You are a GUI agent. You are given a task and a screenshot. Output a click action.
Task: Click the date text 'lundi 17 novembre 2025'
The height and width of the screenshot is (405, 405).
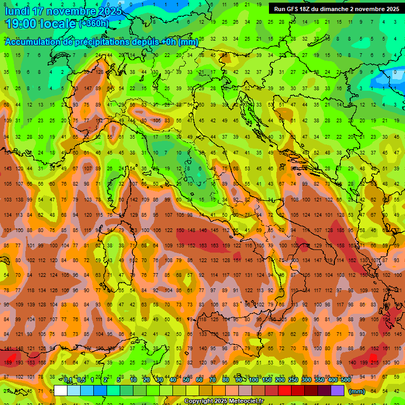63,11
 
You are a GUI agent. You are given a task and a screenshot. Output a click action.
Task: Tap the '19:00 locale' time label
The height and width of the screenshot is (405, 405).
41,24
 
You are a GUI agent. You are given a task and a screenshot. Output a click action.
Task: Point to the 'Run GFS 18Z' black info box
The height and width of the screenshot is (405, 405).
336,9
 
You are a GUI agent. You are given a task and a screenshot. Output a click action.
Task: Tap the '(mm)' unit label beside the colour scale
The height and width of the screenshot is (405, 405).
356,391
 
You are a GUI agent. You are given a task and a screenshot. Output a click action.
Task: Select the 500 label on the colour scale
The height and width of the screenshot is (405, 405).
345,380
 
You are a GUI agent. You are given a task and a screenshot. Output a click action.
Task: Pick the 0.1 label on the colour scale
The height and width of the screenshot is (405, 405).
67,380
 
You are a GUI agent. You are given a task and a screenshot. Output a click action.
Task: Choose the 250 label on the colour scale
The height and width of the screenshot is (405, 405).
293,380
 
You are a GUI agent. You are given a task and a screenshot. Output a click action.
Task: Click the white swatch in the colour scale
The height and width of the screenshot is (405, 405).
61,391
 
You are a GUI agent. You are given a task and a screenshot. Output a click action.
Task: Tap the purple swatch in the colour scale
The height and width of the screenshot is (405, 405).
337,391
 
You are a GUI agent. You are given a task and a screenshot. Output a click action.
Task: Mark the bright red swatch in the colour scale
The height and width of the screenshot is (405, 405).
285,391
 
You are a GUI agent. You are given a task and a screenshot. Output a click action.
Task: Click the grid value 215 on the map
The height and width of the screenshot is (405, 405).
375,362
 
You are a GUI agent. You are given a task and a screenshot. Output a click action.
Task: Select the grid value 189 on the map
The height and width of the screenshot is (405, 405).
7,362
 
